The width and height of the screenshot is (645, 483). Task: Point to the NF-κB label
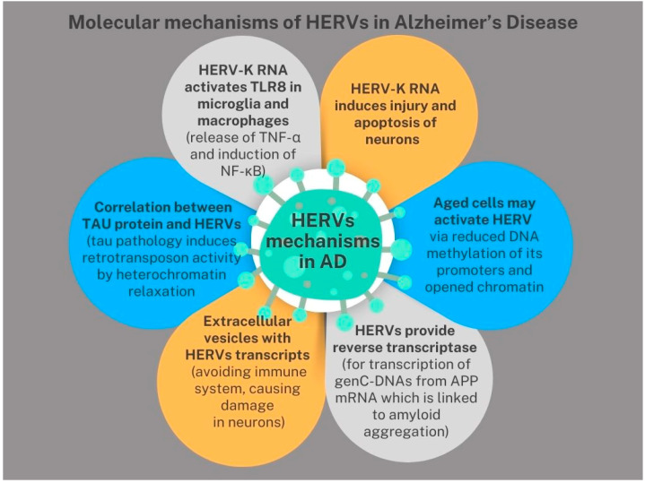point(243,170)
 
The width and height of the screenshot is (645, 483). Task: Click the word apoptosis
point(395,123)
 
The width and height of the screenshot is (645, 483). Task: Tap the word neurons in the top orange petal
point(392,140)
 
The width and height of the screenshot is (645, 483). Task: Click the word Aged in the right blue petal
point(449,203)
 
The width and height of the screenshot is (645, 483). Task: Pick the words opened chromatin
point(484,287)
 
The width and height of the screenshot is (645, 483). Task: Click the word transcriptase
point(437,348)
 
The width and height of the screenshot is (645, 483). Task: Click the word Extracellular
point(248,321)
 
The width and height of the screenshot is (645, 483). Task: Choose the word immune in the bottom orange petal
point(281,372)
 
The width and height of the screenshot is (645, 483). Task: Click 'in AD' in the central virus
point(323,262)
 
